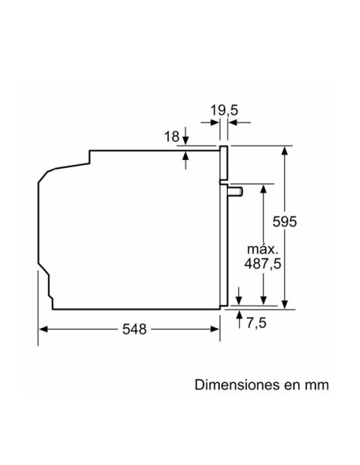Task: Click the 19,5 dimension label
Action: tap(224, 111)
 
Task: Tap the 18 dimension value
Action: tap(172, 137)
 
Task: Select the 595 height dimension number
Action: tap(284, 221)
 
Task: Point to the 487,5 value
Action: tap(263, 264)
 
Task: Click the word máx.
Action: tap(263, 249)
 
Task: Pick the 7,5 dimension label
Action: tap(256, 322)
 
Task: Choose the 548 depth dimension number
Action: tap(135, 329)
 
